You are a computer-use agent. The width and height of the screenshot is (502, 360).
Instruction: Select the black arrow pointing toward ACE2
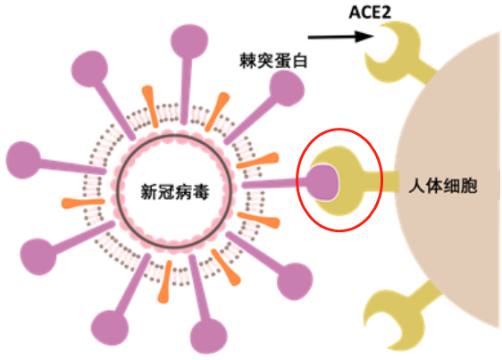point(336,38)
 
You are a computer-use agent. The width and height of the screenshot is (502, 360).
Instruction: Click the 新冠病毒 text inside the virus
point(176,191)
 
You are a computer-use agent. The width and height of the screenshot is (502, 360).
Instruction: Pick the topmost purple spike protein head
point(188,37)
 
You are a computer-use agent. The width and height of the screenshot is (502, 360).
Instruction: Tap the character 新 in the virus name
point(151,191)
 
